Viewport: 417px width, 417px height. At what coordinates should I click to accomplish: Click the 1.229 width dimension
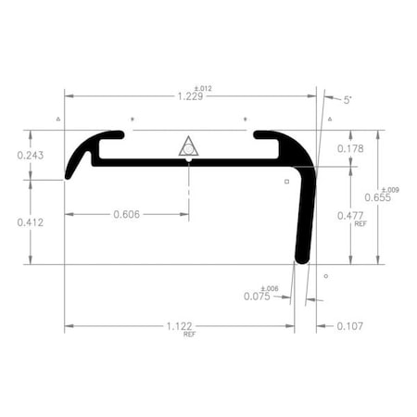tap(189, 95)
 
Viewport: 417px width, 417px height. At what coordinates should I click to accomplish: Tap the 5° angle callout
tap(347, 98)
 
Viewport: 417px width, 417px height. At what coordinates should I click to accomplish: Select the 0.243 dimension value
tap(32, 155)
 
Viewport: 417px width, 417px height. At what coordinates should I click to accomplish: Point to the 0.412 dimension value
tap(32, 222)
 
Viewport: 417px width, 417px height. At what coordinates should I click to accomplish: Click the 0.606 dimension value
tap(127, 214)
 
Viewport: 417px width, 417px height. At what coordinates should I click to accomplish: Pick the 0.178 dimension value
tap(350, 148)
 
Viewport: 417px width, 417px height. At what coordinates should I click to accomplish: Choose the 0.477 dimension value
tap(350, 216)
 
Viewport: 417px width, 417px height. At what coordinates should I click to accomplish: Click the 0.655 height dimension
tap(378, 196)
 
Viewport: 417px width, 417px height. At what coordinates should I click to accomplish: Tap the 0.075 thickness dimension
tap(257, 297)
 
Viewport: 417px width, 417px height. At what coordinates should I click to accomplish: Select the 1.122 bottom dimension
tap(181, 326)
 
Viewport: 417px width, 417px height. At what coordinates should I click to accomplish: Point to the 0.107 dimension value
tap(350, 326)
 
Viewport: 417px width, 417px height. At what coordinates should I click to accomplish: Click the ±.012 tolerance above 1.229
tap(204, 89)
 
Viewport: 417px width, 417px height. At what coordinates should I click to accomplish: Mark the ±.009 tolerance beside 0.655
tap(390, 189)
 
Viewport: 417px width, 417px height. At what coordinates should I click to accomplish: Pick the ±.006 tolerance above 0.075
tap(269, 288)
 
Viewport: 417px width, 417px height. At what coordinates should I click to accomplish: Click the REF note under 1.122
tap(189, 334)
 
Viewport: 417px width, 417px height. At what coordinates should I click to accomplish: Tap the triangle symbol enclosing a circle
tap(188, 146)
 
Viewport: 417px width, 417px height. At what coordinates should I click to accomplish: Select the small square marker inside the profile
tap(286, 182)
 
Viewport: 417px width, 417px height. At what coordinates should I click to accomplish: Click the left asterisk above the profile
tap(132, 120)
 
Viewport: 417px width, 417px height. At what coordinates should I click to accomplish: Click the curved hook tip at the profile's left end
tap(69, 173)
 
